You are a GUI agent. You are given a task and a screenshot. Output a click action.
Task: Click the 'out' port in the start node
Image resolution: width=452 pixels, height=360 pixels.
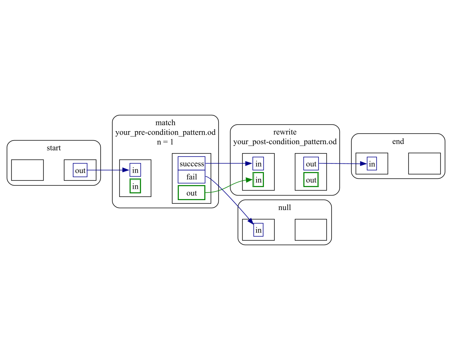pyautogui.click(x=80, y=170)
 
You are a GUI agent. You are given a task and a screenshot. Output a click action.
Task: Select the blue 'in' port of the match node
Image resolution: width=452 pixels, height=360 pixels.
pyautogui.click(x=135, y=170)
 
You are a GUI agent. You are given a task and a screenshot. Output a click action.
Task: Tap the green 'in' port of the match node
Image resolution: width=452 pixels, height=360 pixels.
pyautogui.click(x=135, y=186)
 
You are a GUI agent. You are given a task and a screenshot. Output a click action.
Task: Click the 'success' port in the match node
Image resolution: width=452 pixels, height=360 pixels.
pyautogui.click(x=192, y=164)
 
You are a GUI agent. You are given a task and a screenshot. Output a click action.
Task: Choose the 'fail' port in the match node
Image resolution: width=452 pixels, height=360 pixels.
pyautogui.click(x=192, y=177)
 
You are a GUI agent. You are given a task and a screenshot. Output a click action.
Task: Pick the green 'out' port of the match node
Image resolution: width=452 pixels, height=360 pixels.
pyautogui.click(x=192, y=193)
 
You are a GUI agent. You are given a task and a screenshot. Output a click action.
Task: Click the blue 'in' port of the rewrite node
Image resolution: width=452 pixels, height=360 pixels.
pyautogui.click(x=258, y=164)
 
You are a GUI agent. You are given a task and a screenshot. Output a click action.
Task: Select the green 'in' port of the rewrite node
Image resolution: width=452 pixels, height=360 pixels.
pyautogui.click(x=258, y=180)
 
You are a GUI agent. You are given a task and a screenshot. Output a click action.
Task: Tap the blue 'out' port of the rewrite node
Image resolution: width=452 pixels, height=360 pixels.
pyautogui.click(x=311, y=164)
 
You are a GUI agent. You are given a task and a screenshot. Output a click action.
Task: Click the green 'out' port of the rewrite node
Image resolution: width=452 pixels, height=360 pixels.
pyautogui.click(x=311, y=180)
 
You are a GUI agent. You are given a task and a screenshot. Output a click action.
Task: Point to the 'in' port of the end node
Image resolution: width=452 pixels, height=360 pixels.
pyautogui.click(x=371, y=164)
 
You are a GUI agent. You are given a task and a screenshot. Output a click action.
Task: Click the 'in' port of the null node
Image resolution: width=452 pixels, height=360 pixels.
pyautogui.click(x=258, y=230)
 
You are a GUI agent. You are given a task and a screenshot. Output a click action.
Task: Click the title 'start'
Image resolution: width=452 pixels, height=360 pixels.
pyautogui.click(x=54, y=148)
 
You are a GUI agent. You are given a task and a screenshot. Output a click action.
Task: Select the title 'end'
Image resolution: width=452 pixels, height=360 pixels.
pyautogui.click(x=398, y=141)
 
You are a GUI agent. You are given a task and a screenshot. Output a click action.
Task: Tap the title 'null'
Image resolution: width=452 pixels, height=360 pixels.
pyautogui.click(x=285, y=207)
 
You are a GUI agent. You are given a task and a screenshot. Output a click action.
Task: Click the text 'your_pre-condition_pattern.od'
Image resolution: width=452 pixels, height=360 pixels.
pyautogui.click(x=165, y=132)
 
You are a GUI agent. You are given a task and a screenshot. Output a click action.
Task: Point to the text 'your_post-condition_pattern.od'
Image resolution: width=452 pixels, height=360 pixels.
pyautogui.click(x=285, y=141)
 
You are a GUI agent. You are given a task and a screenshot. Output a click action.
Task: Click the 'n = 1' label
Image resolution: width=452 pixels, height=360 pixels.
pyautogui.click(x=165, y=141)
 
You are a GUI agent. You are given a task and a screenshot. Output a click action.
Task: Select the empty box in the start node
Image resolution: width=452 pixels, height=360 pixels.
pyautogui.click(x=27, y=170)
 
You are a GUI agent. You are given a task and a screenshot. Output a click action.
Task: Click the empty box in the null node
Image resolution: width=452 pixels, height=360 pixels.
pyautogui.click(x=311, y=230)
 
